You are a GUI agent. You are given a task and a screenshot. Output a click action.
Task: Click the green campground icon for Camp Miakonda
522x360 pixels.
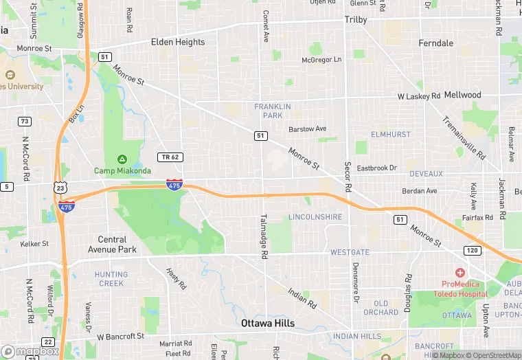coord(122,159)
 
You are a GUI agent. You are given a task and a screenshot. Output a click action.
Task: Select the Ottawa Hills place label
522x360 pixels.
coord(267,323)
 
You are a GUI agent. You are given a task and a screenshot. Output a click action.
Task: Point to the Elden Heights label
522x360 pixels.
coord(177,42)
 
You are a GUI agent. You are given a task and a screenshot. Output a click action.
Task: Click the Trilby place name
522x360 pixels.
coord(356,20)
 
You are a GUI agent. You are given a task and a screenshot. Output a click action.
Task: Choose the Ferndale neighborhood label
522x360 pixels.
coord(435,43)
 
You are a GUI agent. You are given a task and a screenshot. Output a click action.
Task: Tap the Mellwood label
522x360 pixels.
coord(463,94)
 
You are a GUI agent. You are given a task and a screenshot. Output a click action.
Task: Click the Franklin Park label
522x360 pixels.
coord(273,111)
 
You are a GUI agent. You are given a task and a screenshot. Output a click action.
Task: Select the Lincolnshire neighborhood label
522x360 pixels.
coord(315,217)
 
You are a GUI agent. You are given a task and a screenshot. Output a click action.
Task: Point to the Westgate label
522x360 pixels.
coord(350,252)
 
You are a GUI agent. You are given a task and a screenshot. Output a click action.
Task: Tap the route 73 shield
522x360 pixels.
coord(25,122)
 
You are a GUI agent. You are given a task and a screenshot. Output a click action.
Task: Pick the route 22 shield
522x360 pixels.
coord(47,341)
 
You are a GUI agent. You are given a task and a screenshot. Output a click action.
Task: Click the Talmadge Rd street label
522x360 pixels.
coord(263,236)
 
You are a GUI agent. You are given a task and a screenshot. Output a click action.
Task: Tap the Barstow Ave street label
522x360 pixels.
coord(307,128)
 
